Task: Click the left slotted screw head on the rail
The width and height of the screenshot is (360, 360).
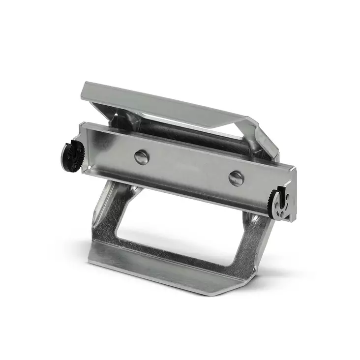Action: (x=142, y=157)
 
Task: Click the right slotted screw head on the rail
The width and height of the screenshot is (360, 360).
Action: (x=236, y=178)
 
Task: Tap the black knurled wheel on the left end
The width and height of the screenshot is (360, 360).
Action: (x=72, y=156)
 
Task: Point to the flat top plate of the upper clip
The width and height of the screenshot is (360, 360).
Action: (x=162, y=103)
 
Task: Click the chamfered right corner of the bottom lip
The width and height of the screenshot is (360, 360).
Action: (x=231, y=290)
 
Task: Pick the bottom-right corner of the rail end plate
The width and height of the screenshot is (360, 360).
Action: (x=294, y=220)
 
